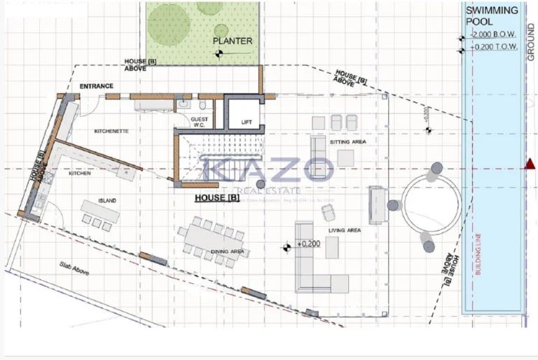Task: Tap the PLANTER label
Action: tap(233, 41)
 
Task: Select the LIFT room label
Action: tap(247, 122)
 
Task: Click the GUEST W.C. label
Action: tap(200, 123)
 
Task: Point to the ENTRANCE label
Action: tap(96, 86)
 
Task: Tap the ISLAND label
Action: tap(107, 201)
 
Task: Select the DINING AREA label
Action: tap(228, 251)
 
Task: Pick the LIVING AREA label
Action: tap(345, 230)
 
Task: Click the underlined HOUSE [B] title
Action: tap(217, 198)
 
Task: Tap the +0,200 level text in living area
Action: tap(308, 244)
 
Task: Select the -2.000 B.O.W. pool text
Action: tap(495, 34)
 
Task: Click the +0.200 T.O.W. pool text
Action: tap(495, 48)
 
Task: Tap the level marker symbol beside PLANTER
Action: tap(220, 51)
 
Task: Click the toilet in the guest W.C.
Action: tap(202, 106)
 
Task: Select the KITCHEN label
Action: tap(79, 173)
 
